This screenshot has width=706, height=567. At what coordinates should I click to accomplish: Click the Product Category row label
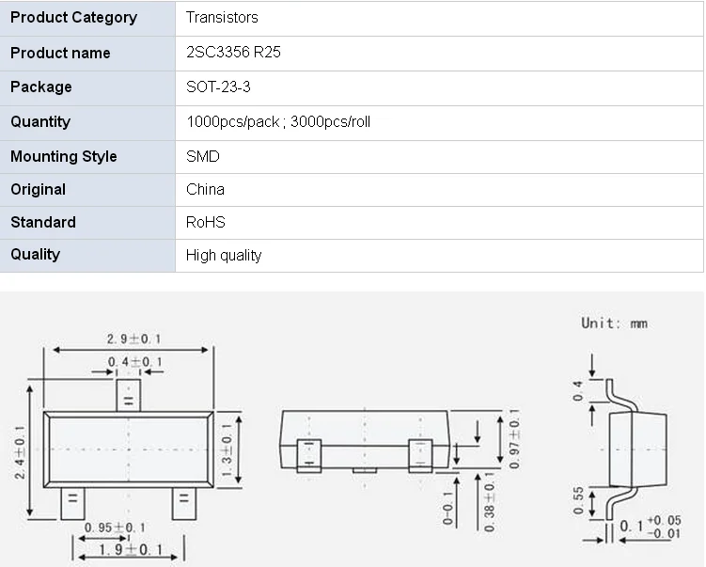[x=73, y=18]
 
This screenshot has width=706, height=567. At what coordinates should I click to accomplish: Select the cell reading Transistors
[x=222, y=18]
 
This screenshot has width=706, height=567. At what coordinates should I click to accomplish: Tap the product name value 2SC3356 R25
[x=233, y=53]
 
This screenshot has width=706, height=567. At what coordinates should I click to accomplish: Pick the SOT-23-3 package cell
[x=218, y=87]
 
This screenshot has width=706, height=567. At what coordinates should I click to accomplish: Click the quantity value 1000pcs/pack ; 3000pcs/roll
[x=284, y=121]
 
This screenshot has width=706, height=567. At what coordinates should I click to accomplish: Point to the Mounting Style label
[x=64, y=156]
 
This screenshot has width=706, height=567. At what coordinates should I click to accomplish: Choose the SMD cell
[x=203, y=156]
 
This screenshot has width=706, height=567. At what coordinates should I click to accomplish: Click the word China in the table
[x=205, y=189]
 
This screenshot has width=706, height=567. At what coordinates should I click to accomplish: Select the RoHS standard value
[x=206, y=222]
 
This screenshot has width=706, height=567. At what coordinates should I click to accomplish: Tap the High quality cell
[x=224, y=255]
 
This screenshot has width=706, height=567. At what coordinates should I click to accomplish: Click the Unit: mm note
[x=614, y=323]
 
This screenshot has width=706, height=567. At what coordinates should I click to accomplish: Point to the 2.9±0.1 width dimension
[x=134, y=339]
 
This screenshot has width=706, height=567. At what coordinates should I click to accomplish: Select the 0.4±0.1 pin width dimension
[x=134, y=362]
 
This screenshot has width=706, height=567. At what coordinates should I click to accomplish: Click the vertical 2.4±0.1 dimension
[x=20, y=452]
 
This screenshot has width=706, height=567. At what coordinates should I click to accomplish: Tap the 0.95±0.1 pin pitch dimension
[x=115, y=528]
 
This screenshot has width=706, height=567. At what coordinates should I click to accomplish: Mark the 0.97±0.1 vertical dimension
[x=514, y=436]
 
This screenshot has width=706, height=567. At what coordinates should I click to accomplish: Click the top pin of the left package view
[x=128, y=396]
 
